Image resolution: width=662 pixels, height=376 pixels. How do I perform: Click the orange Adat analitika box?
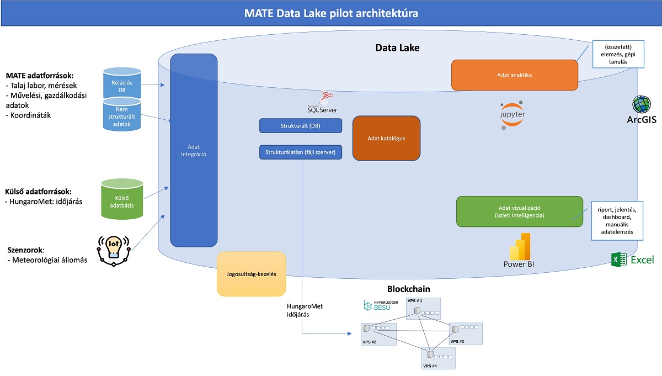coord(514,75)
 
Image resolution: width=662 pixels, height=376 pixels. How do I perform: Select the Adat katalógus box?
coord(386,138)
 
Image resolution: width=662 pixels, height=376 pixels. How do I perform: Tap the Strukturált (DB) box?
coord(300,126)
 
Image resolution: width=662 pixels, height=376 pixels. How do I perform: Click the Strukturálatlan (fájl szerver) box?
coord(300,152)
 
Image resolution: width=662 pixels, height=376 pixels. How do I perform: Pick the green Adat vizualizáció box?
coord(519,211)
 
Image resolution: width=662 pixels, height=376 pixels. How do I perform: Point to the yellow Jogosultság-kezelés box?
coord(252,274)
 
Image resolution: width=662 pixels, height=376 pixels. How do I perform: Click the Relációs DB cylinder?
coord(122,83)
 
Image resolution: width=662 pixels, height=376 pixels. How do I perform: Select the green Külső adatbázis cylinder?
coord(122,199)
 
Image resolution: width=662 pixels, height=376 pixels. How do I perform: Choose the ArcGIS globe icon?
coord(642,105)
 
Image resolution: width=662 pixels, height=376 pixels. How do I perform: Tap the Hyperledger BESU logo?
coord(377,305)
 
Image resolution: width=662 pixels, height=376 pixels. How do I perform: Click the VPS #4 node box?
coord(439,358)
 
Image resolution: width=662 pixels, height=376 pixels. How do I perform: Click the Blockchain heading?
coord(408,289)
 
